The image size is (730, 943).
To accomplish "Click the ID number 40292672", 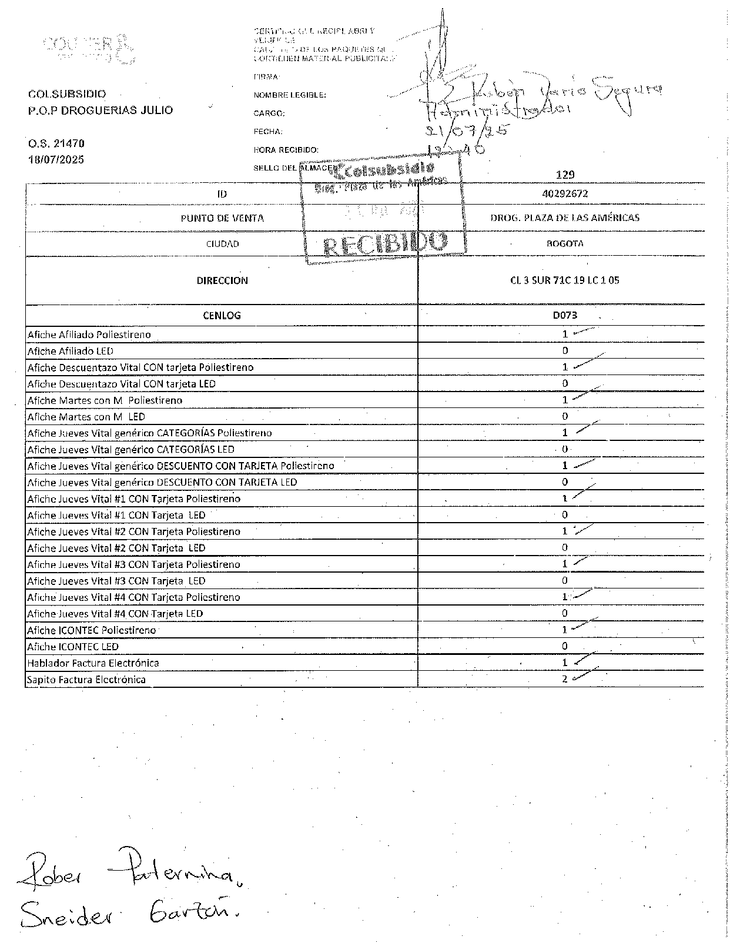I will point(564,193).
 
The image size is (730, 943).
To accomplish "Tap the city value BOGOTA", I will point(564,243).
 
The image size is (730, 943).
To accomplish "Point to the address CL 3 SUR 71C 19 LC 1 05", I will point(564,280).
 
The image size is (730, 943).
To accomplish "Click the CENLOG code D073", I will point(564,315).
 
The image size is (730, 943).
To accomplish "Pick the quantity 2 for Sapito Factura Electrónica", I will point(565,679).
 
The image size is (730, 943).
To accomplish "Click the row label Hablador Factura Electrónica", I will point(93,663).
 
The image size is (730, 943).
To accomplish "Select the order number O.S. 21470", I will point(56,143).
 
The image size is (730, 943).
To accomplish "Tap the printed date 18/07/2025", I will point(56,159).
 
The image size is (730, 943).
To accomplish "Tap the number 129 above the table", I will point(564,175).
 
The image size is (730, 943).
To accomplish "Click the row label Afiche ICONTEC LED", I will point(73,646).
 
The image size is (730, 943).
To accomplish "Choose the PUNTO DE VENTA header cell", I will point(222,218).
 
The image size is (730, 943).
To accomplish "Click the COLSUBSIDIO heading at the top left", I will point(66,94).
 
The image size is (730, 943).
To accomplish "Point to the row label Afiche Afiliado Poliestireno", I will point(89,335).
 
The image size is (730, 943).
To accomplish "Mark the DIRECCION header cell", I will point(222,280).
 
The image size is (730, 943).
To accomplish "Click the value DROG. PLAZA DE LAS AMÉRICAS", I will point(564,218).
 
